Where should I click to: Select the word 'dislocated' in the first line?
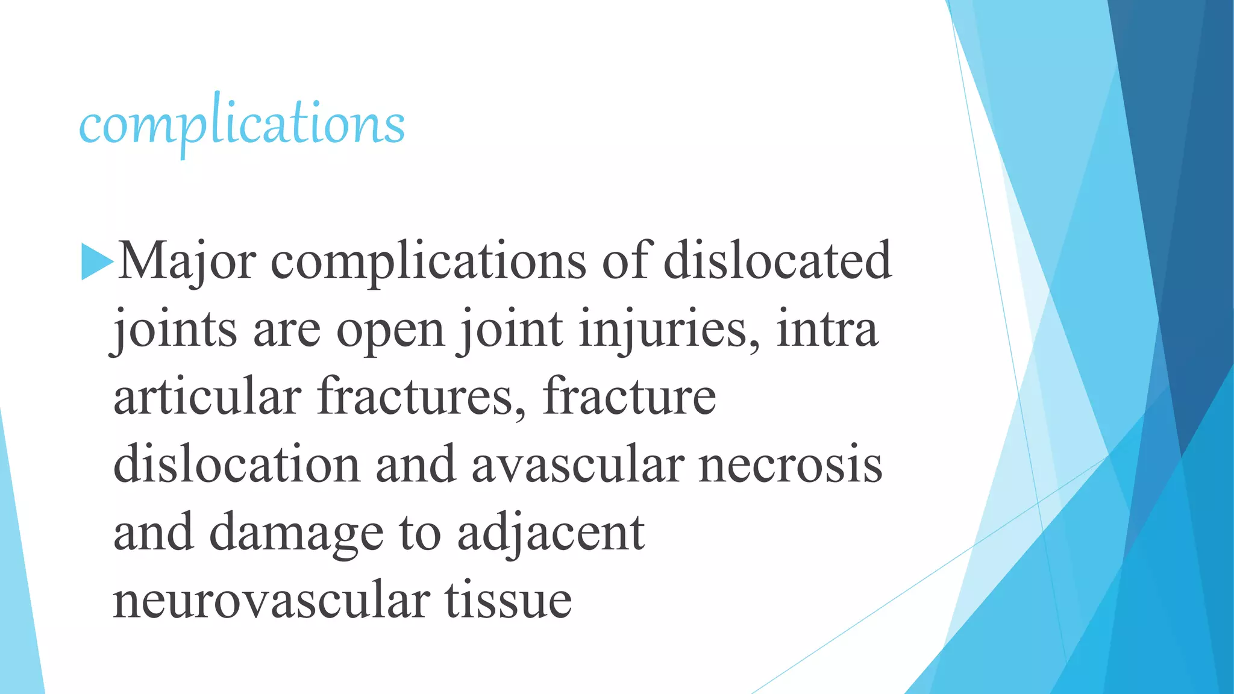[777, 260]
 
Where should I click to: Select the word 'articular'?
[207, 397]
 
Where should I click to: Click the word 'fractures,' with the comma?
[422, 397]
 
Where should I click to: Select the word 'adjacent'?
[551, 533]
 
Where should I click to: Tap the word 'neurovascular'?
[272, 601]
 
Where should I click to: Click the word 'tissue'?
[508, 601]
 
